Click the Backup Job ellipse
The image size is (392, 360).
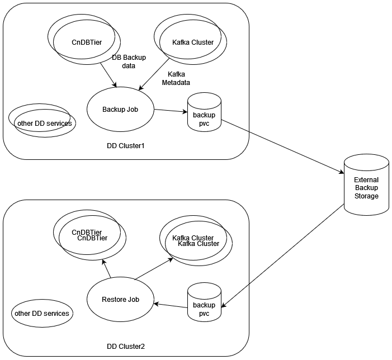click(x=120, y=109)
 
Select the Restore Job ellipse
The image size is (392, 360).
click(x=120, y=300)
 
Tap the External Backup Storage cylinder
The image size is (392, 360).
click(x=366, y=187)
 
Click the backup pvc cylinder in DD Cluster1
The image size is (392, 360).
click(x=204, y=118)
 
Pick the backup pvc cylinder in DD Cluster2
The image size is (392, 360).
click(x=204, y=308)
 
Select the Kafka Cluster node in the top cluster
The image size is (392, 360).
click(x=192, y=42)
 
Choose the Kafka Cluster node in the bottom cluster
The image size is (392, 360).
click(x=196, y=241)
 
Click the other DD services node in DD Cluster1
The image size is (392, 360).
click(x=42, y=122)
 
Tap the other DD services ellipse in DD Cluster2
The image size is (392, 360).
click(x=42, y=313)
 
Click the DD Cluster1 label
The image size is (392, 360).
click(x=126, y=146)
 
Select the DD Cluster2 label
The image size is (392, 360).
click(x=126, y=347)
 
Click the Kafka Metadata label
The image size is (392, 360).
click(x=176, y=78)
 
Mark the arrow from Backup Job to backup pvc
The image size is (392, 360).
click(x=171, y=111)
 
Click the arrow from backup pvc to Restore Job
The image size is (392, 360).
click(x=171, y=305)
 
